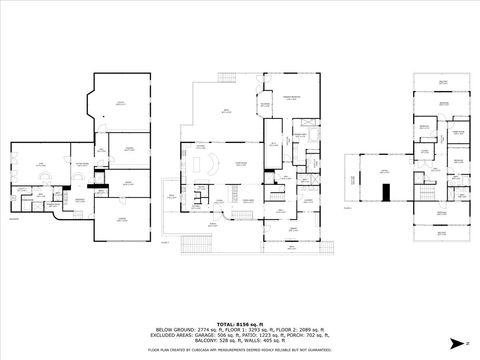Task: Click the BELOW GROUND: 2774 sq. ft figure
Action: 186,328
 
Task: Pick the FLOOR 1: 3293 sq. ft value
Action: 238,328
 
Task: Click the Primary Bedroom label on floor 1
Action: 291,96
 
